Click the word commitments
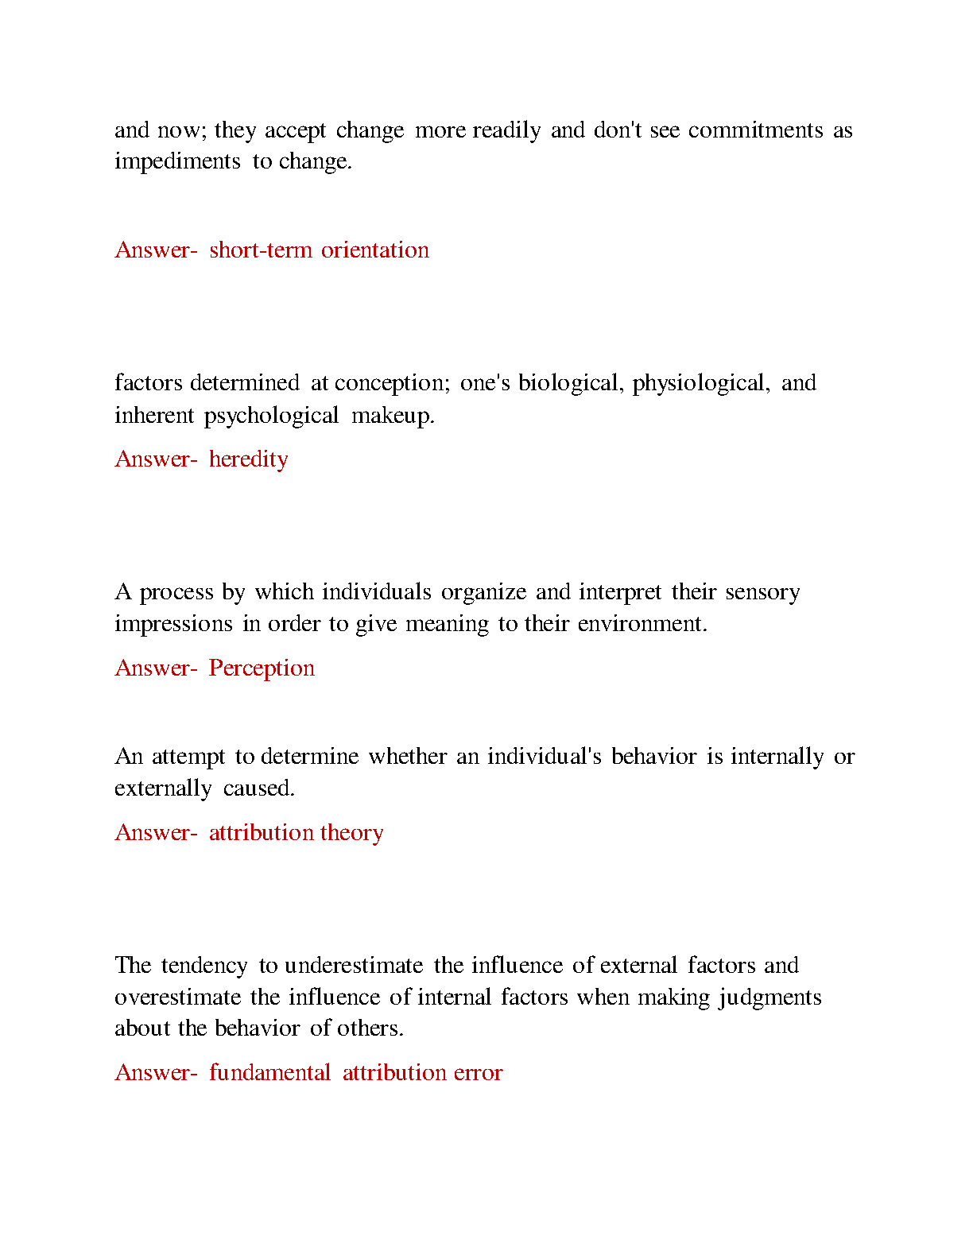[x=755, y=130]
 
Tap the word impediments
[x=177, y=162]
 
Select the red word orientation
[x=375, y=250]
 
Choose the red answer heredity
[x=249, y=459]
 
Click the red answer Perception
[x=262, y=668]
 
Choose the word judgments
[x=770, y=998]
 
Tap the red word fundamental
[x=269, y=1073]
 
